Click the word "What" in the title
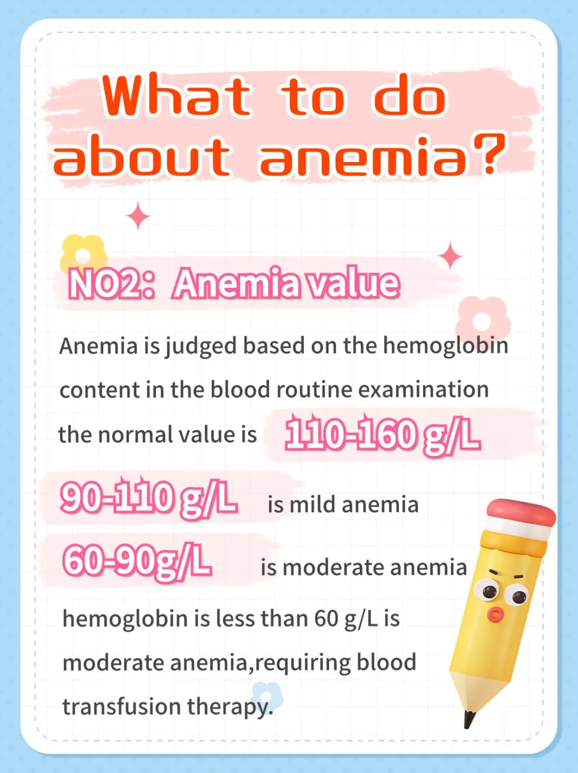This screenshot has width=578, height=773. point(176,96)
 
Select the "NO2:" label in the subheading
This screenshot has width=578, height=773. point(111,284)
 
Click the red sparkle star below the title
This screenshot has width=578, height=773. point(138,216)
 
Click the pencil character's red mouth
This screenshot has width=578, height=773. point(496,613)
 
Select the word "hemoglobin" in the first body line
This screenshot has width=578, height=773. point(446,346)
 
